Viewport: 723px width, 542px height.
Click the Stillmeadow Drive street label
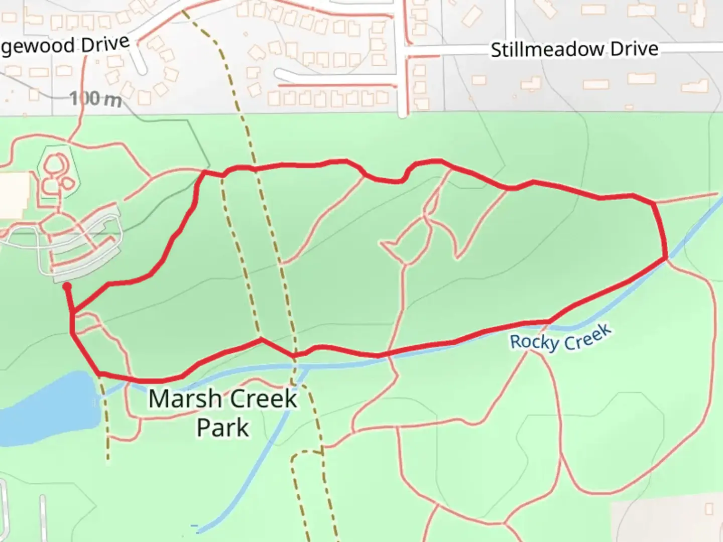coord(574,49)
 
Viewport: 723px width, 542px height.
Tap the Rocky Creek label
coord(560,338)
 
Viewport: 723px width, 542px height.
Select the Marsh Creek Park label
coord(223,413)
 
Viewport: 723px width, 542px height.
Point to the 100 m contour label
coord(95,98)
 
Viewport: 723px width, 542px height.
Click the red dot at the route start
coord(67,287)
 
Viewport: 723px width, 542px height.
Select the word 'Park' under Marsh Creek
coord(222,428)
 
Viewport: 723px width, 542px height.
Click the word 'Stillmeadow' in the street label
coord(547,50)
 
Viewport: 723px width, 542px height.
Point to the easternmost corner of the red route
coord(666,257)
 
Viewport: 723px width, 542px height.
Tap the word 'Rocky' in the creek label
coord(534,342)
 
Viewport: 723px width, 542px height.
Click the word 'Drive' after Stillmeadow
coord(634,49)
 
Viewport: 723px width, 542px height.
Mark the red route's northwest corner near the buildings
coord(203,172)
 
